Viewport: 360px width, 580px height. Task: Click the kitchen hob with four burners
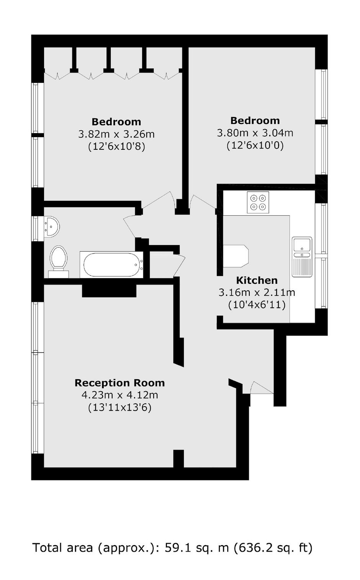point(258,202)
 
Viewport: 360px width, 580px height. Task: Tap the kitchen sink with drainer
point(302,257)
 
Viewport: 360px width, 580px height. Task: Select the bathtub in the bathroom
point(111,265)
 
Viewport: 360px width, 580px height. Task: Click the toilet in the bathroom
point(59,262)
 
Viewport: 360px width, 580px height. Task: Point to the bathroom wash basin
point(52,227)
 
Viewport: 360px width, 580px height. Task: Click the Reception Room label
point(119,383)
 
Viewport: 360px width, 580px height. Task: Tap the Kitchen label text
point(257,280)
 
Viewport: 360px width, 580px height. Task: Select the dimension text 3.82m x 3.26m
point(116,134)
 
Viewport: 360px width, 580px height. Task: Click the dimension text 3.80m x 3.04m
point(255,133)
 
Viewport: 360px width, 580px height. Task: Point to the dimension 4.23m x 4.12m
point(119,395)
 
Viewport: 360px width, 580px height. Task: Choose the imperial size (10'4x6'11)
point(257,305)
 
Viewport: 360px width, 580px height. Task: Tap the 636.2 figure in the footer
point(254,548)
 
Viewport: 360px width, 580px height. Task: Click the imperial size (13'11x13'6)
point(119,408)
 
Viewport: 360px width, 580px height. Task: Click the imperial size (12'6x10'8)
point(116,147)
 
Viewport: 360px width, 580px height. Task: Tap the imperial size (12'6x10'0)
point(255,146)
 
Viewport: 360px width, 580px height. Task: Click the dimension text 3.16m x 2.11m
point(257,293)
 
